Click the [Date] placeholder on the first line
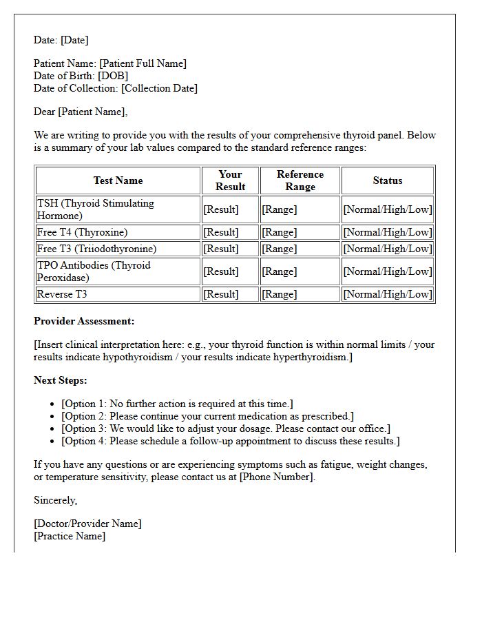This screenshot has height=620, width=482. point(74,40)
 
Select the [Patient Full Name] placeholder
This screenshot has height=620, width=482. point(143,63)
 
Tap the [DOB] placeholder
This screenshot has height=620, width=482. point(113,76)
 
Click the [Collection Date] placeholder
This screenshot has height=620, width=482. point(159,88)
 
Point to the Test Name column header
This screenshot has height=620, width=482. point(118,180)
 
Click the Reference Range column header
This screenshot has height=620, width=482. point(300,180)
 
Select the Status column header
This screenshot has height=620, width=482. point(387,180)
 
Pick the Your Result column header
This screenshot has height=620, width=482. point(230,180)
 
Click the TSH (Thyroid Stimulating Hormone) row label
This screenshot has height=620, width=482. point(96,209)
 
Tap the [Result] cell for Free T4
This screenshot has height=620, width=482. point(221,232)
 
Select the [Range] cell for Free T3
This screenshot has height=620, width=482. point(280,249)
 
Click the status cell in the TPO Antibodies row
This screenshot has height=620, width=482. point(388,271)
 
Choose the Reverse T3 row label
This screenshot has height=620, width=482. point(62,294)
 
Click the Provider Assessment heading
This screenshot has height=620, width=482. point(84,321)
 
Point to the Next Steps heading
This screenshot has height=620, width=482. point(61,380)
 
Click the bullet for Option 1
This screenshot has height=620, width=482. point(53,404)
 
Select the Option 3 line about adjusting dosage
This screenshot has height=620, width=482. point(226,428)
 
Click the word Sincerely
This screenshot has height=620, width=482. point(55,500)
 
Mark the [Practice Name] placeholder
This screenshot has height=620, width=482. point(70,536)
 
